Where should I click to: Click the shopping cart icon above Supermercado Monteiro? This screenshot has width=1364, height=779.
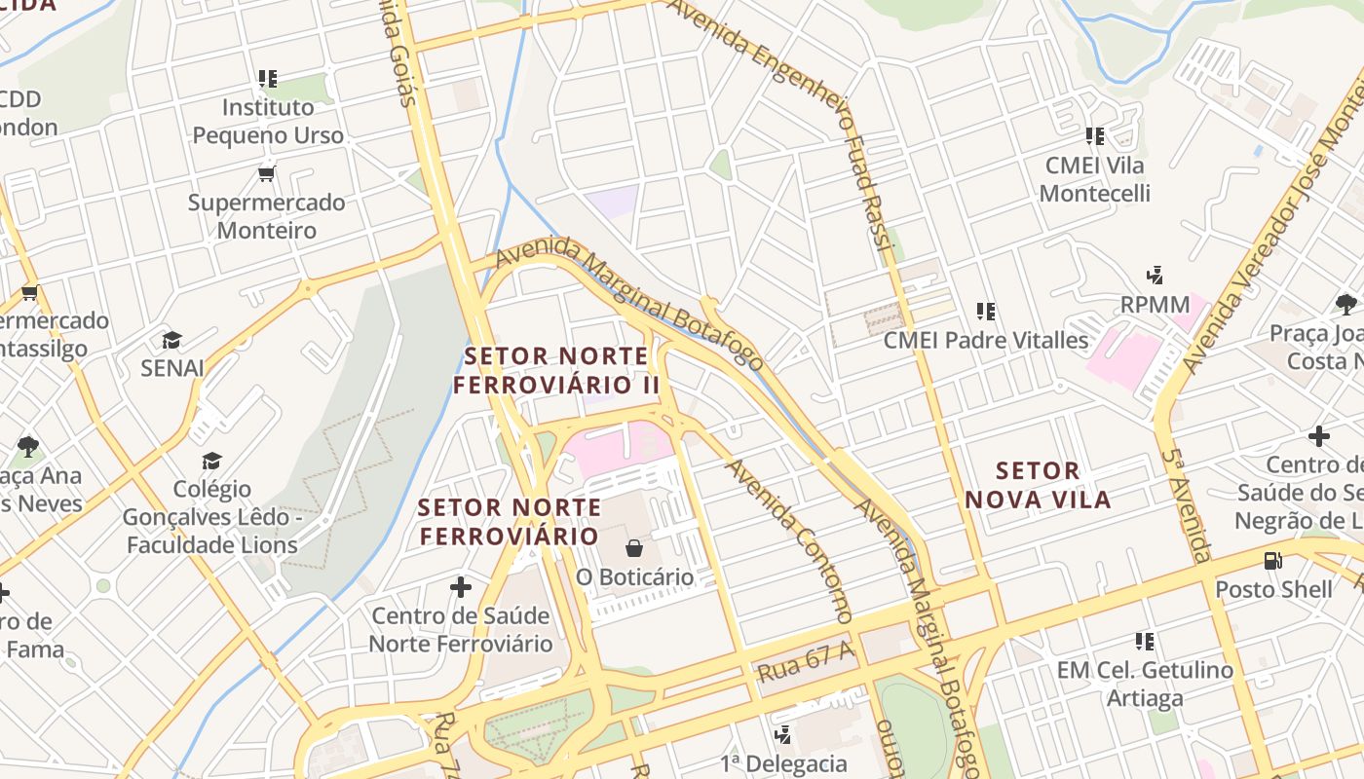pyautogui.click(x=266, y=173)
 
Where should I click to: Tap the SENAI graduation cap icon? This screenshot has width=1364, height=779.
pyautogui.click(x=172, y=340)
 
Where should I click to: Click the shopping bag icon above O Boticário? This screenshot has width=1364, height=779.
pyautogui.click(x=634, y=548)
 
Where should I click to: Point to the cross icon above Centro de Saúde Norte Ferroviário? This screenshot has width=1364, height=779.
pyautogui.click(x=460, y=587)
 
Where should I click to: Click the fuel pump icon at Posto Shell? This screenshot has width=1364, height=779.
pyautogui.click(x=1272, y=561)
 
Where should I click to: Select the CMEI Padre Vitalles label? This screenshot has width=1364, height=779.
pyautogui.click(x=985, y=340)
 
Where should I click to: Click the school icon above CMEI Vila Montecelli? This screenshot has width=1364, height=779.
pyautogui.click(x=1094, y=136)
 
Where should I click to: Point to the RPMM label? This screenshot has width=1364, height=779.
pyautogui.click(x=1155, y=304)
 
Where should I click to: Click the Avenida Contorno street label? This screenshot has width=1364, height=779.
pyautogui.click(x=789, y=540)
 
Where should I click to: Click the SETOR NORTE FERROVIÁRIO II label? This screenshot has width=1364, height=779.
pyautogui.click(x=556, y=370)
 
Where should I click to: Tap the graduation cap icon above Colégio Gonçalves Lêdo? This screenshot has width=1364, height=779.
pyautogui.click(x=211, y=461)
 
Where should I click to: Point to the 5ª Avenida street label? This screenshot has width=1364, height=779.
pyautogui.click(x=1188, y=506)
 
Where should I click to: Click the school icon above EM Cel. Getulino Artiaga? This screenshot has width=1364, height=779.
pyautogui.click(x=1145, y=641)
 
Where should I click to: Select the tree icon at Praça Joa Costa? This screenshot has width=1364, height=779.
pyautogui.click(x=1346, y=304)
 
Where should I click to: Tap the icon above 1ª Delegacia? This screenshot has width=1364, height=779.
pyautogui.click(x=782, y=734)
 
